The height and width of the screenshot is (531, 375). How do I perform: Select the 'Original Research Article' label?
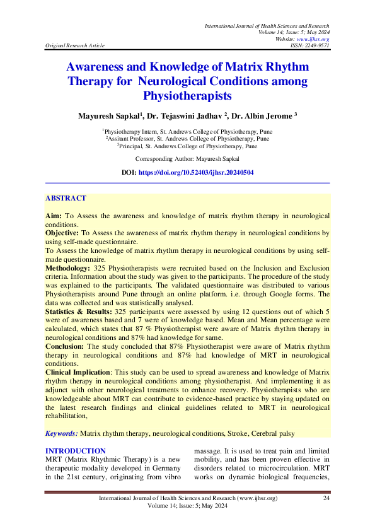point(75,45)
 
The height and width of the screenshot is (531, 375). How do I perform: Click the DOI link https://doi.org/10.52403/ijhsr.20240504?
point(195,172)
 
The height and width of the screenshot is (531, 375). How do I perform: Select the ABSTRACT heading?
point(66,198)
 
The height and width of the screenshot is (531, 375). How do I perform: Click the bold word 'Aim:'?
point(54,216)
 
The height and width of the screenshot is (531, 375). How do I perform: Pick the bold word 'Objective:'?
point(62,233)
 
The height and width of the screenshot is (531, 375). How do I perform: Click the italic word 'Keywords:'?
point(62,433)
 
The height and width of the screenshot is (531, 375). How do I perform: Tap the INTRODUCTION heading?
point(76,451)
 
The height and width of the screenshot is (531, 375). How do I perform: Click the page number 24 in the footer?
point(326,499)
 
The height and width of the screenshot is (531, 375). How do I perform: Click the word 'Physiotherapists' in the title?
point(187,96)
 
